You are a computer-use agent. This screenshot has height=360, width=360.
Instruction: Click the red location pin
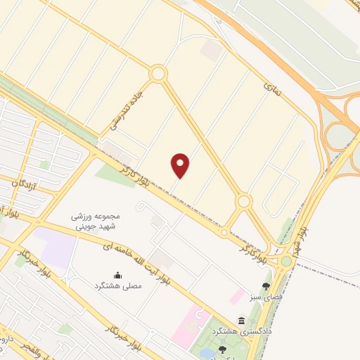[181, 165]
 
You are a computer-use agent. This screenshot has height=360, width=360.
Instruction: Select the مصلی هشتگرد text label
[117, 286]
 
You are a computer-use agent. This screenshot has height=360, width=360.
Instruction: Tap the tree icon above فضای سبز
[265, 285]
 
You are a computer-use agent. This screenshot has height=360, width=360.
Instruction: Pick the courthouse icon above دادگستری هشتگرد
[242, 319]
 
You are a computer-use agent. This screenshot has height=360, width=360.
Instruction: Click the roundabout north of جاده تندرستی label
[157, 73]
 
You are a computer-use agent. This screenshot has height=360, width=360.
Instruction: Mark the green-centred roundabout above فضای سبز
[286, 261]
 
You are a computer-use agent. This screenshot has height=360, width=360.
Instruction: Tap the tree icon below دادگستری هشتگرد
[222, 349]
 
